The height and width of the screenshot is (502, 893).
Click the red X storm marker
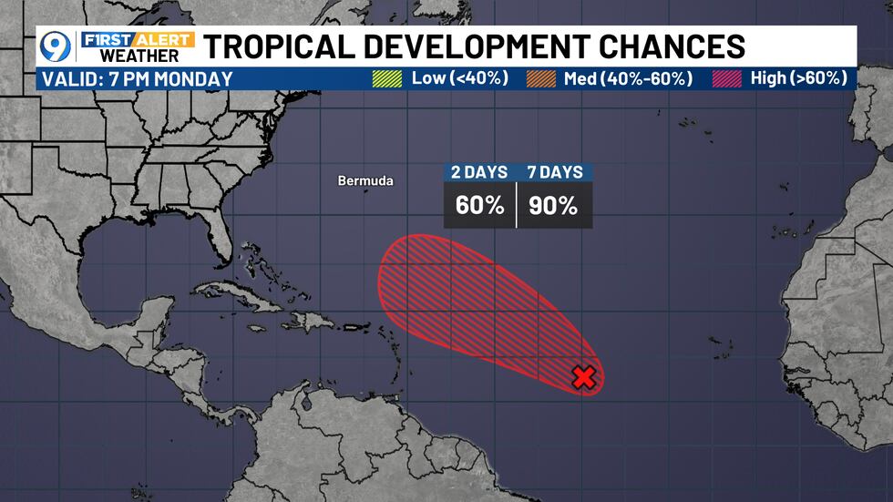[x=583, y=376]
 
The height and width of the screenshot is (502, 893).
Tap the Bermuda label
[x=365, y=181]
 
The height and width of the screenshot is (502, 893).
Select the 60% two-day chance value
[x=479, y=206]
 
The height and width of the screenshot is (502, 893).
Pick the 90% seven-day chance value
[x=554, y=206]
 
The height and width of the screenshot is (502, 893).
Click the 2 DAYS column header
[x=479, y=172]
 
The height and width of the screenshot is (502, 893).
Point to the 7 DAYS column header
[x=554, y=172]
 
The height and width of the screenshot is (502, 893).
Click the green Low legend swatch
[x=387, y=78]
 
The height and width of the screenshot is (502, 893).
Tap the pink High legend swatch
[x=726, y=78]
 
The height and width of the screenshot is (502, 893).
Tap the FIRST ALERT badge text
[x=137, y=39]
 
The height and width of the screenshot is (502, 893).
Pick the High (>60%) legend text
[x=799, y=78]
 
